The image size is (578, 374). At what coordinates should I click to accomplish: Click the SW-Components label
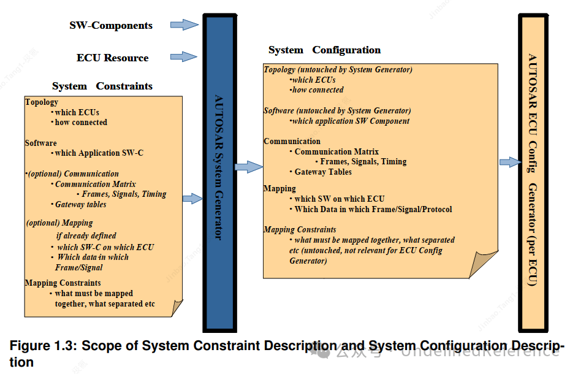[111, 26]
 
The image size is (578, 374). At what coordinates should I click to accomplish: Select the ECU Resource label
[112, 58]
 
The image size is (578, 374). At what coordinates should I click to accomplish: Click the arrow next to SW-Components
[184, 25]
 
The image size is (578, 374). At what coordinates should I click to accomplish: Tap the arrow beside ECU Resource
[184, 57]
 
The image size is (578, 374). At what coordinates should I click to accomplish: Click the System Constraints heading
[102, 86]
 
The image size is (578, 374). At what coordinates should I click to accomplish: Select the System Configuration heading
[324, 50]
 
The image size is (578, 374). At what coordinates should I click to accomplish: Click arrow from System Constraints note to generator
[192, 198]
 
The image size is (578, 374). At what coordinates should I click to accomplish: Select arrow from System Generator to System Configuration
[249, 166]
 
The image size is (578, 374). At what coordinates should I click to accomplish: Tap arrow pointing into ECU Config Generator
[509, 162]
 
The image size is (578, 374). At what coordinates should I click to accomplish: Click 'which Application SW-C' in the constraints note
[99, 153]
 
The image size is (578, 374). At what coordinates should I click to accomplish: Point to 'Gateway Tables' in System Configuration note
[323, 172]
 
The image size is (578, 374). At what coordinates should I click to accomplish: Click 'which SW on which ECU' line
[340, 199]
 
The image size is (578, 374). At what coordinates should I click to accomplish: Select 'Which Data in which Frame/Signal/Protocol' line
[373, 210]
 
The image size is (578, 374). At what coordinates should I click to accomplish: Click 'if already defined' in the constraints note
[86, 235]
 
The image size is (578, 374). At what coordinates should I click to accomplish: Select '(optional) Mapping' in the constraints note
[59, 223]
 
